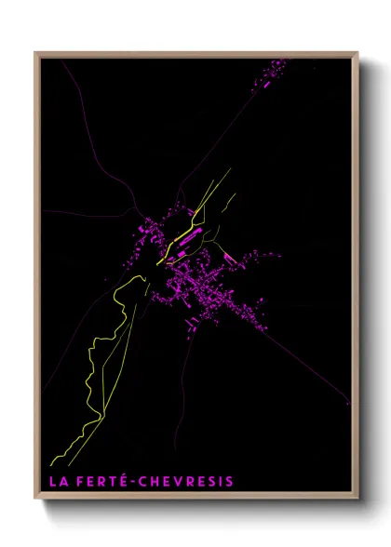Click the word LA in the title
point(59,482)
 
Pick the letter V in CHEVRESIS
point(182,482)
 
